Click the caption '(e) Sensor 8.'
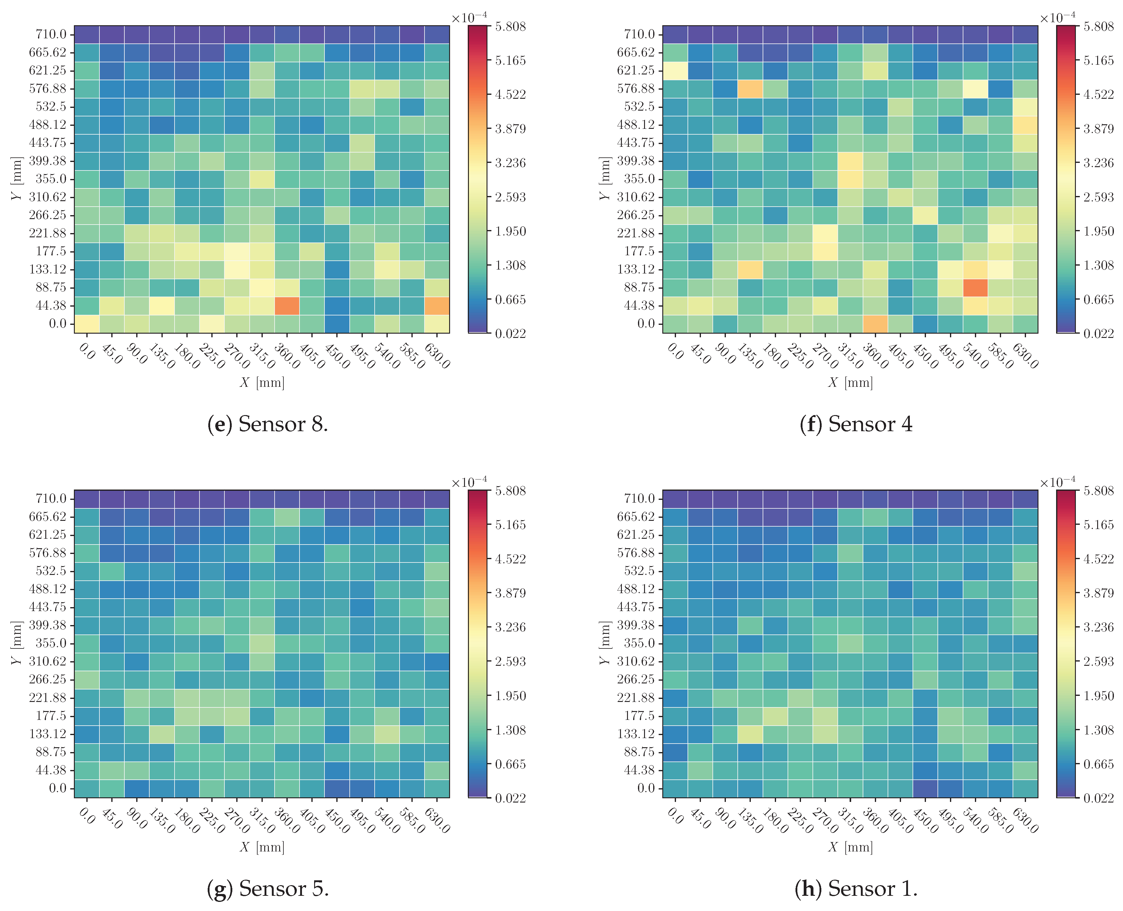pos(268,424)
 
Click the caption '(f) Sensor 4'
pos(856,424)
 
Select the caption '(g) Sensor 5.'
pos(268,889)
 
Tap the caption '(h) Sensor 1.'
pos(856,889)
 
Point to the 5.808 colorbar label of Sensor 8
pos(510,26)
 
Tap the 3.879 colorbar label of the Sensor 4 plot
pos(1098,129)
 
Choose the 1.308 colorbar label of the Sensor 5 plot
pos(510,730)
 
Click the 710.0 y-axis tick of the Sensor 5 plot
pos(51,499)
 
